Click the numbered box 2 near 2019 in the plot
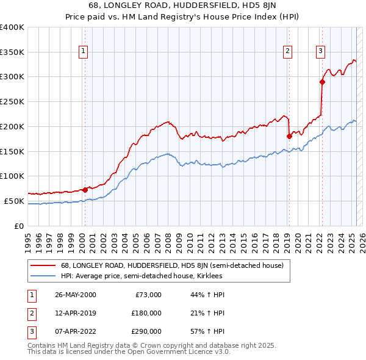tap(287, 51)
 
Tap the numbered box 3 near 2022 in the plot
tap(320, 51)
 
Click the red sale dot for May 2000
tap(85, 190)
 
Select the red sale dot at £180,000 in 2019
tap(289, 137)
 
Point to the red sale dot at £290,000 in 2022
tap(322, 82)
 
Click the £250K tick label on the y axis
tap(12, 101)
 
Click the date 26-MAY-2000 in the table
tap(76, 295)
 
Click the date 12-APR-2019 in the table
tap(75, 312)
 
